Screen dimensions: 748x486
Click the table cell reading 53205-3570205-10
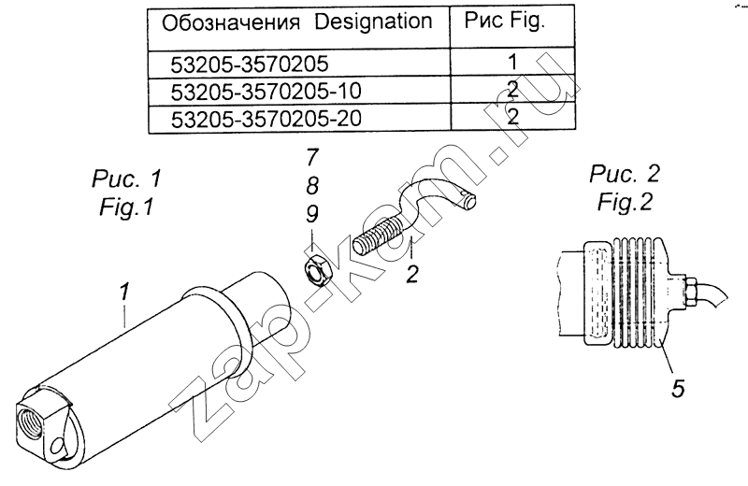point(266,91)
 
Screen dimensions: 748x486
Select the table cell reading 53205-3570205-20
point(266,119)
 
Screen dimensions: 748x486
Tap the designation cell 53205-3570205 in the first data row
point(250,64)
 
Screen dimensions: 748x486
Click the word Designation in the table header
point(373,21)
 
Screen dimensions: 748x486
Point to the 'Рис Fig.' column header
point(505,21)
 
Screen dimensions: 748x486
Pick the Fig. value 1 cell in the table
point(512,62)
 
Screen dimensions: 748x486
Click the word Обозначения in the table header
point(231,22)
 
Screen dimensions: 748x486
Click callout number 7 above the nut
point(312,157)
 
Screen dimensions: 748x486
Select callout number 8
point(312,185)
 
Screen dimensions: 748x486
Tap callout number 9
point(312,214)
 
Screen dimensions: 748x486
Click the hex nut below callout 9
point(315,269)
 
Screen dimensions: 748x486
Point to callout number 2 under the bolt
point(412,274)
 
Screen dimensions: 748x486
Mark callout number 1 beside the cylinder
point(124,292)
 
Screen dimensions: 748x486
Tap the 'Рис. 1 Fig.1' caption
point(126,193)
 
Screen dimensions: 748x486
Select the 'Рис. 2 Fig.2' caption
point(625,188)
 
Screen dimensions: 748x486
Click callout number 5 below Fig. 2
point(678,388)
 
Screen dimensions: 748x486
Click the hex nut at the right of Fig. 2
point(692,292)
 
